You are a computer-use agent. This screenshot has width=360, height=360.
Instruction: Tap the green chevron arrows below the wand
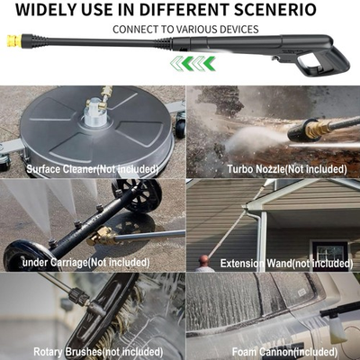[193, 62]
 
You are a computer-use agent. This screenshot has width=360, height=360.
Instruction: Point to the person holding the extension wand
[206, 263]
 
